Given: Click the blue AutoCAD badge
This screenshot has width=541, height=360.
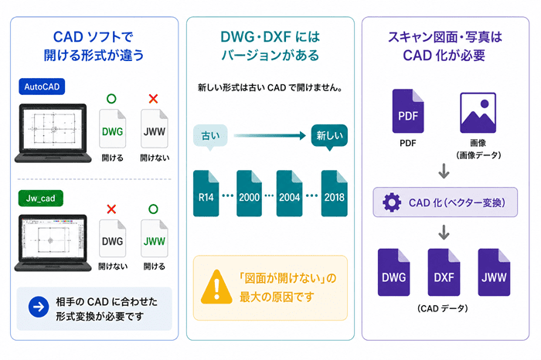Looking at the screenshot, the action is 42,87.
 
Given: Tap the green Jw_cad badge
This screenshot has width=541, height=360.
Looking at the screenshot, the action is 41,199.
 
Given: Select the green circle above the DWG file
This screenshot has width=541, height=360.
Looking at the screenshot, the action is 111,99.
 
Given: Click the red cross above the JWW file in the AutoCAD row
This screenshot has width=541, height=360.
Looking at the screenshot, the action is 153,99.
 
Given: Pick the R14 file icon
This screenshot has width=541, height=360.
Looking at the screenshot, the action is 206,193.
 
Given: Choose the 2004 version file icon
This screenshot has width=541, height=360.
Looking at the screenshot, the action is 290,193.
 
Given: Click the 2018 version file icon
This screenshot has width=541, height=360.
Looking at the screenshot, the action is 335,193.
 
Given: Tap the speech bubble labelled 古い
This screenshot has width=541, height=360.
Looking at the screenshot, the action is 210,136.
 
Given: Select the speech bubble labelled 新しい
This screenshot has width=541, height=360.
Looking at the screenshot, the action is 329,136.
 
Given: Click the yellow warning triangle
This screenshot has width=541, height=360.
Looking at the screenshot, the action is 216,287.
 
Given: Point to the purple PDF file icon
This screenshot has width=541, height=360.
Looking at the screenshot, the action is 408,111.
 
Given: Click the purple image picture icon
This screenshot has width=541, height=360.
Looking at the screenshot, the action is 478,113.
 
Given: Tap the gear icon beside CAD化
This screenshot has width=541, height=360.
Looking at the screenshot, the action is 392,202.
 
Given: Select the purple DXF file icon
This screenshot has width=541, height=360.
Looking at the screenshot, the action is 444,273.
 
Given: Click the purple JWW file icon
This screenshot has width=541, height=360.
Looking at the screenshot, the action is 494,273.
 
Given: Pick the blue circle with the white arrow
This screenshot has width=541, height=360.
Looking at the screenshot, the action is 39,307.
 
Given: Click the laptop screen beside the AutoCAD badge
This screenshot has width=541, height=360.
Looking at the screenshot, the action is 53,127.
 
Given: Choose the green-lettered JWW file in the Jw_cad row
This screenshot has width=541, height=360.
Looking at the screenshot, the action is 155,239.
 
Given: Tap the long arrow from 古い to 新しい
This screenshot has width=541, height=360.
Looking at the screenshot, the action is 270,135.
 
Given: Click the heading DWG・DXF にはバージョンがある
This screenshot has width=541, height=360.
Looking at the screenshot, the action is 270,46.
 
